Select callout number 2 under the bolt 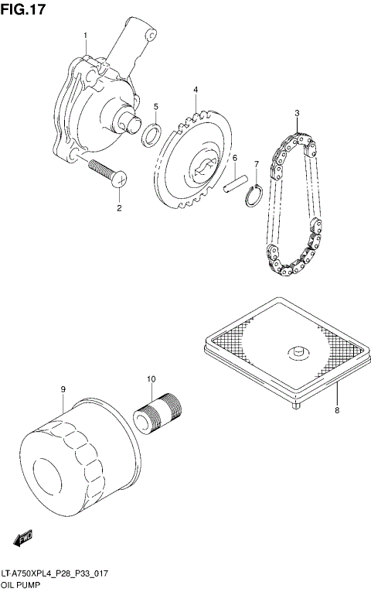(120, 208)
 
